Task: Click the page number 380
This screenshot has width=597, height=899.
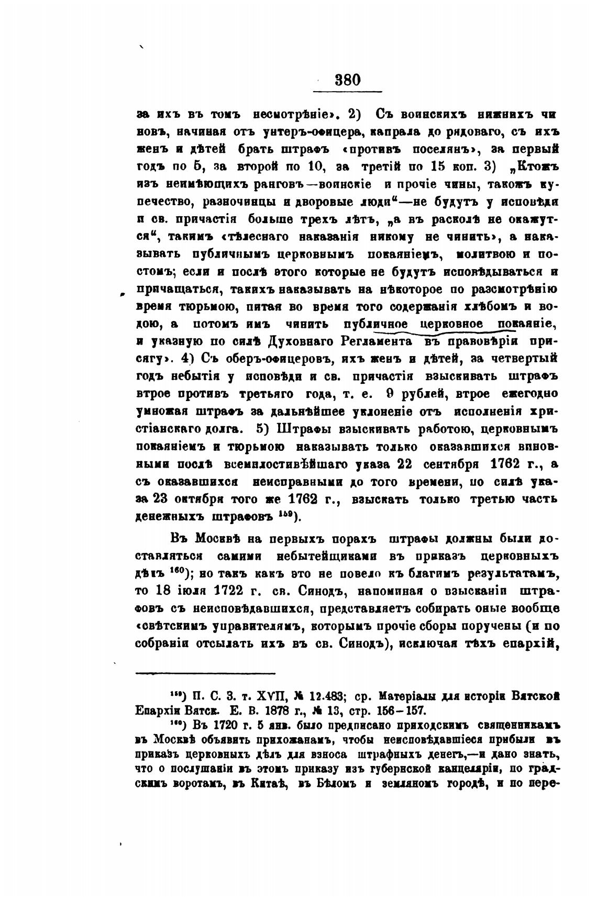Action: [x=347, y=80]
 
